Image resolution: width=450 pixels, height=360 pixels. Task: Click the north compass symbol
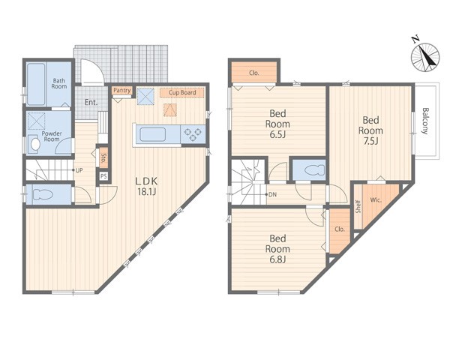pos(425,56)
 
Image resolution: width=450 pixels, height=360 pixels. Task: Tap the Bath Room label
pos(58,83)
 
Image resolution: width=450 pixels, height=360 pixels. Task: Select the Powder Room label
pos(52,136)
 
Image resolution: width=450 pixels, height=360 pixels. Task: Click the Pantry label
pos(122,91)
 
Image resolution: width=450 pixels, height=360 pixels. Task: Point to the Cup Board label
pos(182,92)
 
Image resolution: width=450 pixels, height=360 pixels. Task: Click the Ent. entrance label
pos(91,103)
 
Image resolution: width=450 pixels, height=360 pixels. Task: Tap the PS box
pos(103,176)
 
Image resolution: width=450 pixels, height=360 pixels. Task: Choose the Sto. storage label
pos(103,158)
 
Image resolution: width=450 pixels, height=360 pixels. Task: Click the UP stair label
pos(79,170)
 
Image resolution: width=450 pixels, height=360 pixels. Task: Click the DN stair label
pos(272,195)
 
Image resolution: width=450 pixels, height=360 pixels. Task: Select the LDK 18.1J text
pos(146,186)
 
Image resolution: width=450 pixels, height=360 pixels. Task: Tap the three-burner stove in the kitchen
pos(193,134)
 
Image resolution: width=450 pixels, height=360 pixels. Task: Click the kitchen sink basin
pos(152,134)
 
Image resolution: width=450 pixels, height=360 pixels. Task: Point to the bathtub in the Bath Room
pos(36,84)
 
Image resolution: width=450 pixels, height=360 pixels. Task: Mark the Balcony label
pos(425,121)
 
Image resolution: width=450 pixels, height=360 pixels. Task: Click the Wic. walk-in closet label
pos(376,200)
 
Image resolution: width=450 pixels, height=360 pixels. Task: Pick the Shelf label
pos(358,206)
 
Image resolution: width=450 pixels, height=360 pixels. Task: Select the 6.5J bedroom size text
pos(277,135)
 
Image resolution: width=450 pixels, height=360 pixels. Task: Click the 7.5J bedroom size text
pos(370,141)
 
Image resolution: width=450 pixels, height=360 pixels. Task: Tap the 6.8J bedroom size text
pos(277,259)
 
